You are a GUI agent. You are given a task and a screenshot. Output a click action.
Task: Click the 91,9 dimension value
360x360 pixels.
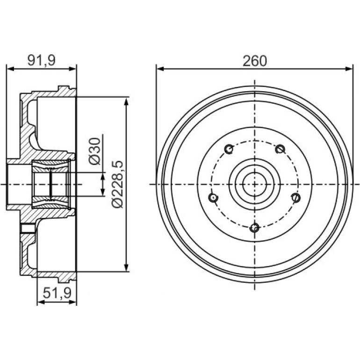pos(41,61)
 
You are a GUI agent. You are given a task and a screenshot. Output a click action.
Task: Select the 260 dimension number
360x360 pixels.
pos(255,61)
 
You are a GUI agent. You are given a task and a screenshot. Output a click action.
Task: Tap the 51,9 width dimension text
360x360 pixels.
pos(57,293)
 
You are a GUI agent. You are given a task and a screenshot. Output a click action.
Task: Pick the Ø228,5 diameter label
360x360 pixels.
pos(118,184)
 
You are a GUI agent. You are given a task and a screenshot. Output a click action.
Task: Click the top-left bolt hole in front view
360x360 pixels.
pos(229,149)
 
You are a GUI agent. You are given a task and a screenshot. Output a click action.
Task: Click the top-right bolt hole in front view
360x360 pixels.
pos(280,149)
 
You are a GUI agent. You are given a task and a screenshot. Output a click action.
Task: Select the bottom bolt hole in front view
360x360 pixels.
pos(254,228)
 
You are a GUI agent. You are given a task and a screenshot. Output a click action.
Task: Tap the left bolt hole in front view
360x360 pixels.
pos(213,198)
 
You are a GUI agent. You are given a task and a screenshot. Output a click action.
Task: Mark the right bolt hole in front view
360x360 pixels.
pos(296,197)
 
